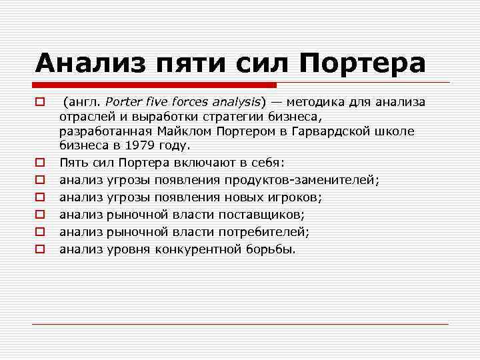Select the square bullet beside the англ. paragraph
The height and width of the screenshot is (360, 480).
(x=40, y=102)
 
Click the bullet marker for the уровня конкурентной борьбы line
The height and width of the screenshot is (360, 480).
(x=40, y=249)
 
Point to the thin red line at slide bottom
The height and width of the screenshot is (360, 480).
(x=240, y=324)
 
